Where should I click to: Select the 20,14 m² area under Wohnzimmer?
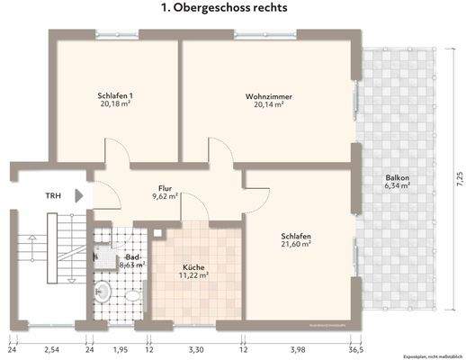269,104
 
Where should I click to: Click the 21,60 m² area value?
295,243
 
